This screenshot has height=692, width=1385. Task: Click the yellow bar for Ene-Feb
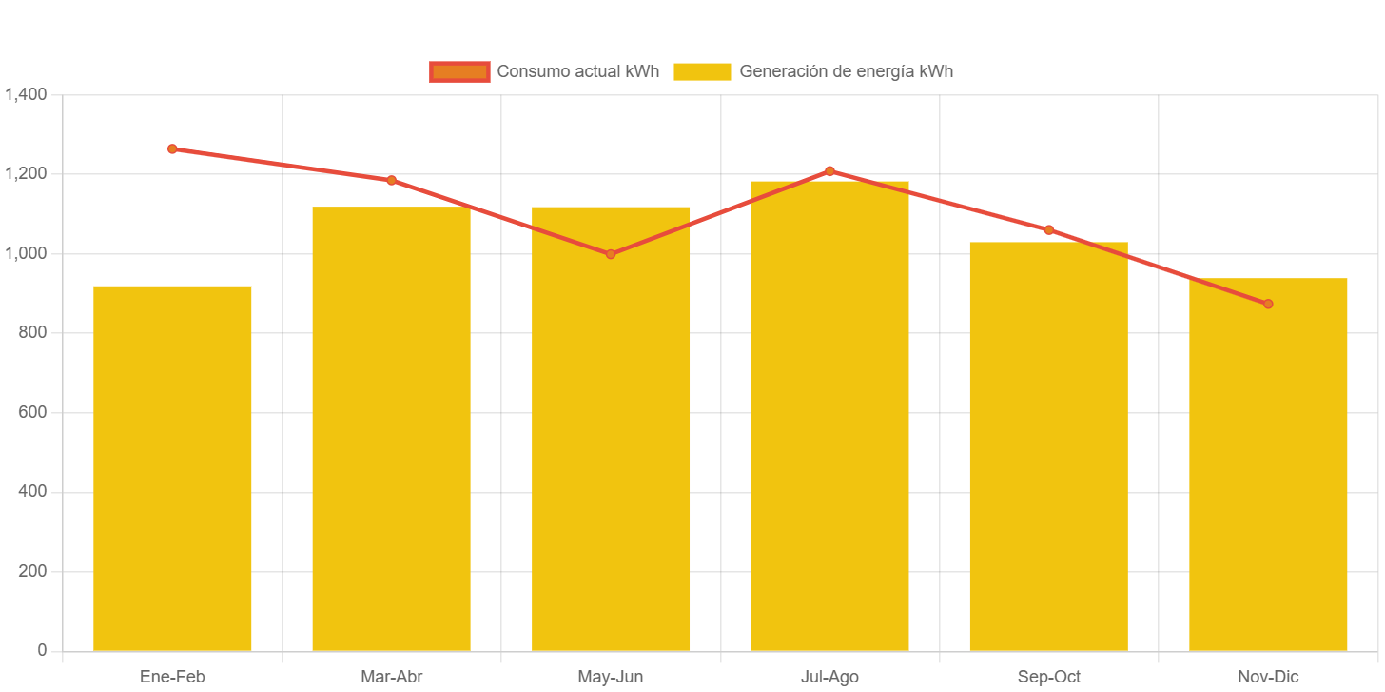coord(172,467)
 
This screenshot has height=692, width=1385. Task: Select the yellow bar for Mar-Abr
coord(391,428)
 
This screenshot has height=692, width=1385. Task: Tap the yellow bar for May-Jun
coord(611,428)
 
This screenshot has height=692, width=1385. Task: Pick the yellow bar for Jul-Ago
coord(829,415)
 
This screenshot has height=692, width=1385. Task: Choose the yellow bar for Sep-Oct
coord(1048,445)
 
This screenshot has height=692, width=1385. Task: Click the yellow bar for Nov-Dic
coord(1268,464)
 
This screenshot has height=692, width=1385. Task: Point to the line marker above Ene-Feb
coord(172,148)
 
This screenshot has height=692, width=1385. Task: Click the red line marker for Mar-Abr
coord(391,180)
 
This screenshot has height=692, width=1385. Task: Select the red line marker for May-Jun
coord(611,254)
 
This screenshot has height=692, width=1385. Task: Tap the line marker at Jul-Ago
coord(829,171)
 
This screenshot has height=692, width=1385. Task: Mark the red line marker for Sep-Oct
coord(1048,229)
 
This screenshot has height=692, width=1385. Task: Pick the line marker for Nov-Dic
coord(1268,304)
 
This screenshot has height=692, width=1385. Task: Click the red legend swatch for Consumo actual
coord(459,71)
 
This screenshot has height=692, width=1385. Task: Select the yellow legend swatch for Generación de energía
coord(702,71)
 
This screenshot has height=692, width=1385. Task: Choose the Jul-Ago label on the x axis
coord(829,677)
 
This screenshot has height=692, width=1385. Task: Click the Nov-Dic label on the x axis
coord(1268,677)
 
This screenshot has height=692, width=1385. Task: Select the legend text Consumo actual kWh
coord(577,71)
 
